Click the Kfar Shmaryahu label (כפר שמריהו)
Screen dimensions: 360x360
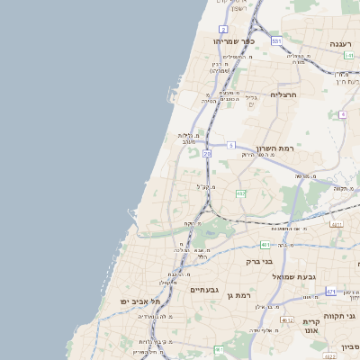(x=235, y=40)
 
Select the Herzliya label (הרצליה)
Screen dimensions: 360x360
(x=283, y=94)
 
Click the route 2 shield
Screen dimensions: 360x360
(x=223, y=30)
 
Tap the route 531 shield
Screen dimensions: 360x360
(x=276, y=40)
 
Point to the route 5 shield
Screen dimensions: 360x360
(x=231, y=145)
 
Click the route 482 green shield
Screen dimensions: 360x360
(x=240, y=193)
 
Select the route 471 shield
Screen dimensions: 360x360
(x=330, y=292)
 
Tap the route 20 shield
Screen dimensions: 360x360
(x=207, y=154)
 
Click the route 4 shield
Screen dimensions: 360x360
(x=343, y=114)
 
